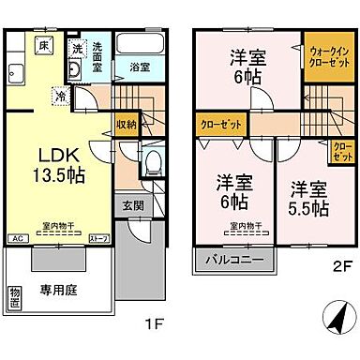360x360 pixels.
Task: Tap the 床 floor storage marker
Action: click(x=43, y=44)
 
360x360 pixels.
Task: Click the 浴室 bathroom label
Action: click(x=140, y=68)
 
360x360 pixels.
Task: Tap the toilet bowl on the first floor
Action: click(x=151, y=165)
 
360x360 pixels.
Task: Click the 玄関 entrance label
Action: click(x=132, y=204)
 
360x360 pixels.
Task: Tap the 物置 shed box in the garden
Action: click(x=15, y=299)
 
